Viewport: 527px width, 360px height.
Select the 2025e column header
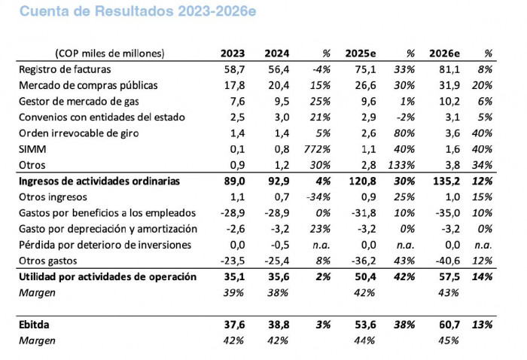pos(360,53)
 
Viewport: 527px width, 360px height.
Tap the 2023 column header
pos(232,53)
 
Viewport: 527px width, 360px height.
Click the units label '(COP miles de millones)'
pos(109,53)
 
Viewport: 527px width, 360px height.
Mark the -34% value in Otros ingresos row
pos(320,197)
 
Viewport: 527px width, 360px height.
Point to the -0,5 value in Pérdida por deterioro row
pos(279,244)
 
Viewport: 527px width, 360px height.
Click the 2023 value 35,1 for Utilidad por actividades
pos(233,276)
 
